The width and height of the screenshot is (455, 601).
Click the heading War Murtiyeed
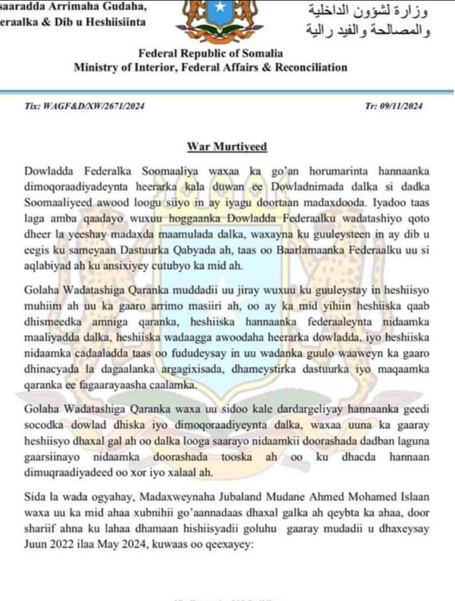[227, 147]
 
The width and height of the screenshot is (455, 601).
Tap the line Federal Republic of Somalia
[210, 54]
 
